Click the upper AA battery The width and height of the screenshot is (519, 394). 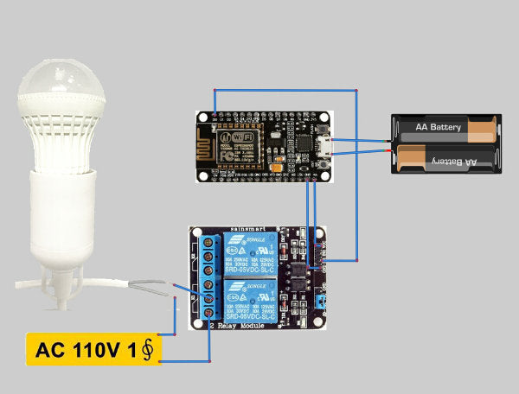[x=446, y=129]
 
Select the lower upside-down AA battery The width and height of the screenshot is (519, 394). [x=446, y=160]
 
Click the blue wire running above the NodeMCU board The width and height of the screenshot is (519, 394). [x=285, y=90]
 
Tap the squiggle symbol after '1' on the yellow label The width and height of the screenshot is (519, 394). [x=147, y=350]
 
